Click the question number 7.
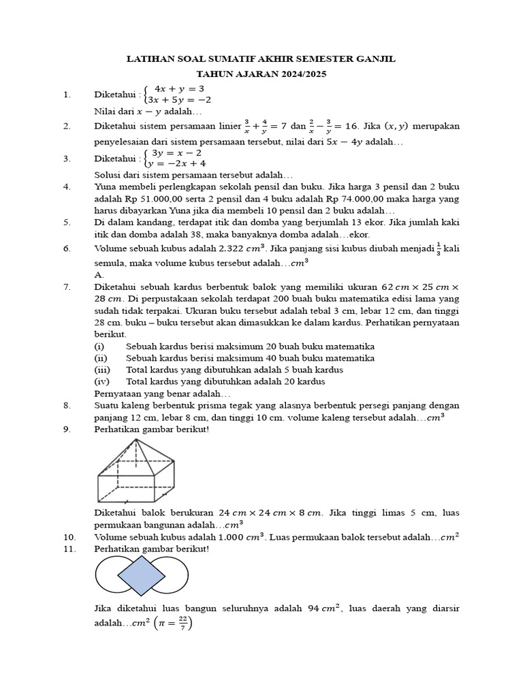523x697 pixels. (x=67, y=287)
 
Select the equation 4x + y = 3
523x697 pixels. (x=179, y=88)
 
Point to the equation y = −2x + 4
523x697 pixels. (x=179, y=163)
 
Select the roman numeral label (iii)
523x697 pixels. (x=101, y=370)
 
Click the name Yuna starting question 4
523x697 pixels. (x=104, y=186)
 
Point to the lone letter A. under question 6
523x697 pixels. (x=99, y=274)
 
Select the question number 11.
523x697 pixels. (x=69, y=549)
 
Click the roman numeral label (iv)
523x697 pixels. (x=101, y=381)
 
